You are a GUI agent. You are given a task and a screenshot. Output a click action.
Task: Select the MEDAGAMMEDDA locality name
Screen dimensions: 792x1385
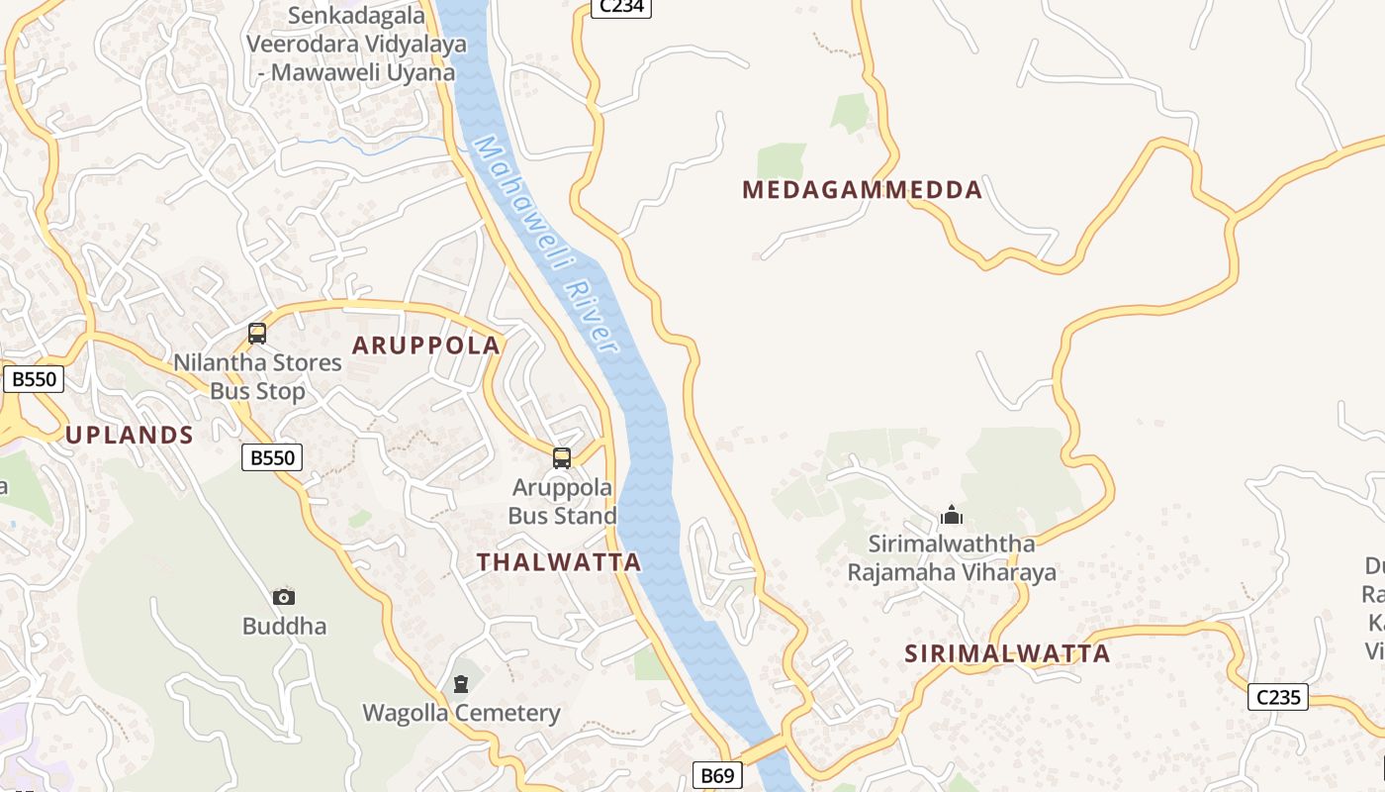[x=862, y=189]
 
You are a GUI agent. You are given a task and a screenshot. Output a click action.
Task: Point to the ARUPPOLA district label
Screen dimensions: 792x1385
[x=426, y=346]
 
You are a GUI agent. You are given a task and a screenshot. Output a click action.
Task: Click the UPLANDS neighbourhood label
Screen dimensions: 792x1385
[x=129, y=435]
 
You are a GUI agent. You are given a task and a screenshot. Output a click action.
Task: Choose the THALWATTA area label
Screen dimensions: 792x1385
[x=559, y=562]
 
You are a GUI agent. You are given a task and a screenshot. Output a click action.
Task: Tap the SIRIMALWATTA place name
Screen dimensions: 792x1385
[x=1007, y=653]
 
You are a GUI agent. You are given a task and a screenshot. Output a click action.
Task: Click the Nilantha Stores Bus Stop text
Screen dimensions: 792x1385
[x=257, y=377]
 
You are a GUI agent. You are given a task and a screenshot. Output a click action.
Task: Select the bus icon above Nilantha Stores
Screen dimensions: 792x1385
[x=257, y=334]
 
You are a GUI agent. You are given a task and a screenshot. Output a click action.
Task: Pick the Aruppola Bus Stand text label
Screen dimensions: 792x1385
[x=562, y=502]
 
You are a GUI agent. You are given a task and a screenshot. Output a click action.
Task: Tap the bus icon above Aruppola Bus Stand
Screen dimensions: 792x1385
[x=562, y=458]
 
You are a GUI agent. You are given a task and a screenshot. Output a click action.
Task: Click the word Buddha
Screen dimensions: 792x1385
[x=284, y=627]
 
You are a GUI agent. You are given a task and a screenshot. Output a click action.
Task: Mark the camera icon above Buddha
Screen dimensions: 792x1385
[x=284, y=597]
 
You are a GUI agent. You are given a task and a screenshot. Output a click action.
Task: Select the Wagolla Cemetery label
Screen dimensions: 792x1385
[x=461, y=713]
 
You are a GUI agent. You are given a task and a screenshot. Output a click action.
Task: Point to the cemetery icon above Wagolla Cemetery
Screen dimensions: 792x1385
[x=461, y=683]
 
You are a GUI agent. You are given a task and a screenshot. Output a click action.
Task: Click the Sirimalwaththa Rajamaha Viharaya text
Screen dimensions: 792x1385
[x=952, y=558]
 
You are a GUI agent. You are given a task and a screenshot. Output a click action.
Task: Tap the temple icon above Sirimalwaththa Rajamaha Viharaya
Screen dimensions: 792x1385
[x=952, y=515]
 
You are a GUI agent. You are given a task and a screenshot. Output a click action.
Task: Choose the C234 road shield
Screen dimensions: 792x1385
[x=621, y=7]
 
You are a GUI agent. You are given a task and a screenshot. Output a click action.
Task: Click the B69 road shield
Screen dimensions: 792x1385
[x=716, y=775]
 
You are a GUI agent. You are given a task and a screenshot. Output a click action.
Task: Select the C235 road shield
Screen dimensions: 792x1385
[x=1278, y=697]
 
